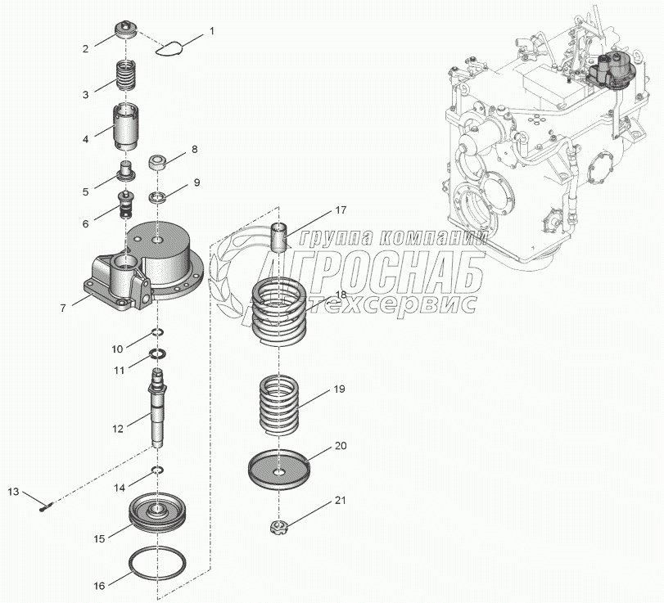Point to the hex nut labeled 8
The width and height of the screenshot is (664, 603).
[x=159, y=160]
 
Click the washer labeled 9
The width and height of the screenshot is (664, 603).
[x=159, y=197]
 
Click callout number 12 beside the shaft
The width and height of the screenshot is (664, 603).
[x=118, y=427]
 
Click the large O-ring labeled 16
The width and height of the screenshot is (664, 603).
[x=156, y=565]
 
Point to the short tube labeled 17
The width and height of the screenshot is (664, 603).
[x=280, y=238]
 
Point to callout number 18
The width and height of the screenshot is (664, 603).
[x=340, y=294]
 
